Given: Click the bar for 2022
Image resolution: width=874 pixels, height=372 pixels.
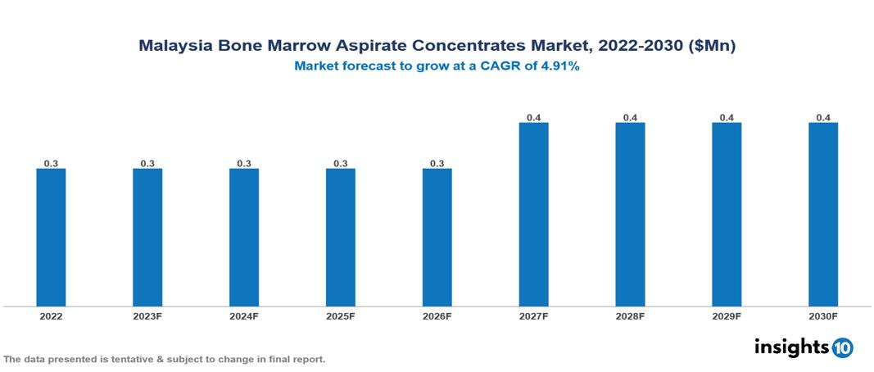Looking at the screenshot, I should pyautogui.click(x=51, y=238).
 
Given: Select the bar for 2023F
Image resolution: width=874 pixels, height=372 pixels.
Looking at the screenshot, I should pyautogui.click(x=147, y=238).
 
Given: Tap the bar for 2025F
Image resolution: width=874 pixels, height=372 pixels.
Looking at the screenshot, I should pyautogui.click(x=341, y=238).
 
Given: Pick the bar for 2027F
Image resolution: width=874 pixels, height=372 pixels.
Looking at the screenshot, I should pyautogui.click(x=533, y=215).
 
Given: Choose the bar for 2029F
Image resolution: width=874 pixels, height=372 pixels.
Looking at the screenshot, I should pyautogui.click(x=727, y=215).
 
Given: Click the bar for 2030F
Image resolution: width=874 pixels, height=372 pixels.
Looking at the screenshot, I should pyautogui.click(x=823, y=215).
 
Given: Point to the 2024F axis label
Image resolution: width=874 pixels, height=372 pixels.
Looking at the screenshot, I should pyautogui.click(x=244, y=315).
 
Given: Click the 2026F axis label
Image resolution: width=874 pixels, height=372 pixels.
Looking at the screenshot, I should pyautogui.click(x=437, y=315).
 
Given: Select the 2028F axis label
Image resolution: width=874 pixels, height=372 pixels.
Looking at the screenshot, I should pyautogui.click(x=630, y=315).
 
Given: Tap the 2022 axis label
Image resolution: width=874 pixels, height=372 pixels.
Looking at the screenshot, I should pyautogui.click(x=51, y=315).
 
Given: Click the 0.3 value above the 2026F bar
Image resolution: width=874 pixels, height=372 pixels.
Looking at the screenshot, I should pyautogui.click(x=437, y=164).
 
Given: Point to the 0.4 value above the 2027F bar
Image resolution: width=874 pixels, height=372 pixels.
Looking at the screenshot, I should pyautogui.click(x=533, y=118).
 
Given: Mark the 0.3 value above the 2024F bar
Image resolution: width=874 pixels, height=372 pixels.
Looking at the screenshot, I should pyautogui.click(x=244, y=164).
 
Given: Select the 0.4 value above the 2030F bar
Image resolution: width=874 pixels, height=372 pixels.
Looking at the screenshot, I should pyautogui.click(x=823, y=118).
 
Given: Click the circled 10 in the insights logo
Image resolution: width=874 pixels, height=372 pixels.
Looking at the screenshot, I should pyautogui.click(x=842, y=347).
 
